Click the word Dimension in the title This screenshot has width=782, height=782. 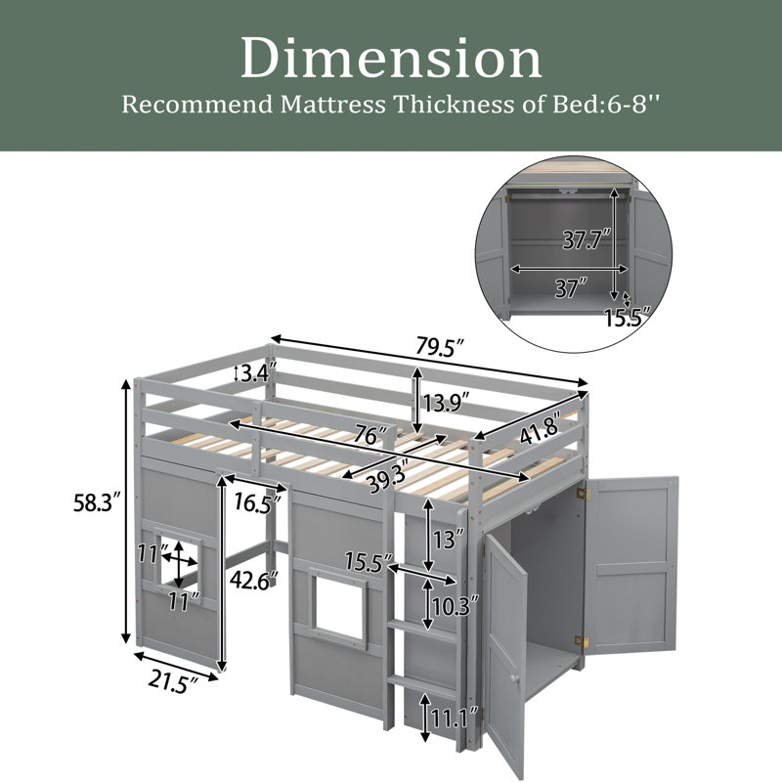[392, 59]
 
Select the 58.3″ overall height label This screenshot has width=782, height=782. [97, 502]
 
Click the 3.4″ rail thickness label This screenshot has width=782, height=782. [258, 373]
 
